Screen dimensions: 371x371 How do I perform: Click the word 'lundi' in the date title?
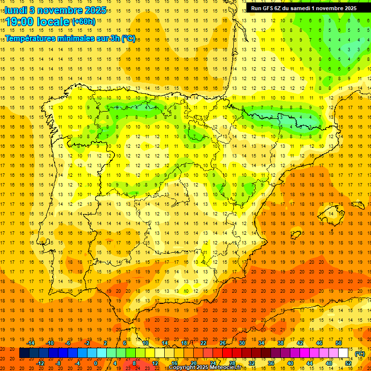click(15, 10)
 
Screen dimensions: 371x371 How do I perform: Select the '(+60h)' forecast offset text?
click(84, 21)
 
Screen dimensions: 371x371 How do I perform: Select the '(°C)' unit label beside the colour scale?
click(359, 354)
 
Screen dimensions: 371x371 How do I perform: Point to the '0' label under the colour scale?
click(96, 363)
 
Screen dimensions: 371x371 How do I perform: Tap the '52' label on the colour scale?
click(348, 363)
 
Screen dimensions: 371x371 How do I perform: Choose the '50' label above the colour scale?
click(338, 343)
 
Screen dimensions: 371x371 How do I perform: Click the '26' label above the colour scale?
click(223, 343)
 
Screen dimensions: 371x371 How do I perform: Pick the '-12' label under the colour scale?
click(41, 363)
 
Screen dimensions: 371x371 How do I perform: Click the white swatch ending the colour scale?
click(343, 353)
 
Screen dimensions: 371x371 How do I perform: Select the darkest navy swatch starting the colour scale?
click(24, 353)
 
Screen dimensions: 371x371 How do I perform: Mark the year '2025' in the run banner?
click(348, 8)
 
